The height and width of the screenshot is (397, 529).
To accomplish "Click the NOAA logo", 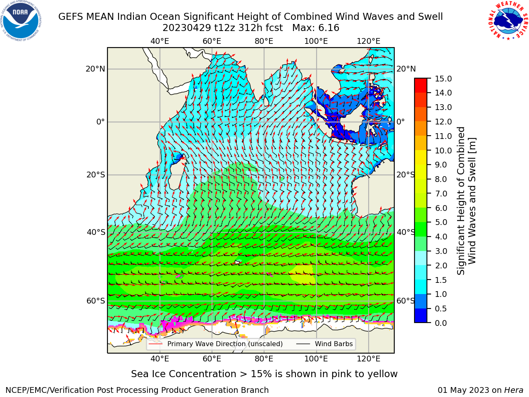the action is click(x=21, y=21).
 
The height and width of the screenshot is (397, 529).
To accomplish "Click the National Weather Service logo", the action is click(x=508, y=20).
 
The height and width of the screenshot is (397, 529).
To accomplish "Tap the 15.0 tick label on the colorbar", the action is click(x=443, y=79).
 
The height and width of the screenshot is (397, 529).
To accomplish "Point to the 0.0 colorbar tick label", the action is click(x=441, y=323).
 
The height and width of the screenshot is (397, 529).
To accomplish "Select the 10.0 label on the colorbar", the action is click(x=443, y=151).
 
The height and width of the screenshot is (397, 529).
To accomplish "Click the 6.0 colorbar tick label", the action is click(x=441, y=208).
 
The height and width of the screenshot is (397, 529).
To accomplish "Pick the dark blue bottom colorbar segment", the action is click(x=421, y=316).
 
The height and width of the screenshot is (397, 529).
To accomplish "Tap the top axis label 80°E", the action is click(x=264, y=41).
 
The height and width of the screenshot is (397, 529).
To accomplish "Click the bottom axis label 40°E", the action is click(x=160, y=359).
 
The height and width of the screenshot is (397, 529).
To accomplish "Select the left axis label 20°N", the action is click(x=95, y=69).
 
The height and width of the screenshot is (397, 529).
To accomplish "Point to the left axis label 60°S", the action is click(x=96, y=301).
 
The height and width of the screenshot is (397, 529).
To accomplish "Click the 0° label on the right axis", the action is click(x=400, y=122).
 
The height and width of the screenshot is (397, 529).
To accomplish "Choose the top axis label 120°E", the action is click(x=369, y=41).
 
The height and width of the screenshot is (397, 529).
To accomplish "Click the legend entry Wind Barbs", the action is click(x=334, y=344).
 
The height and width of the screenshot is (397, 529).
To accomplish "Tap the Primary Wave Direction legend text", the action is click(x=225, y=344).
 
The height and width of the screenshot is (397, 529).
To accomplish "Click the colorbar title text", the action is click(x=467, y=201).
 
